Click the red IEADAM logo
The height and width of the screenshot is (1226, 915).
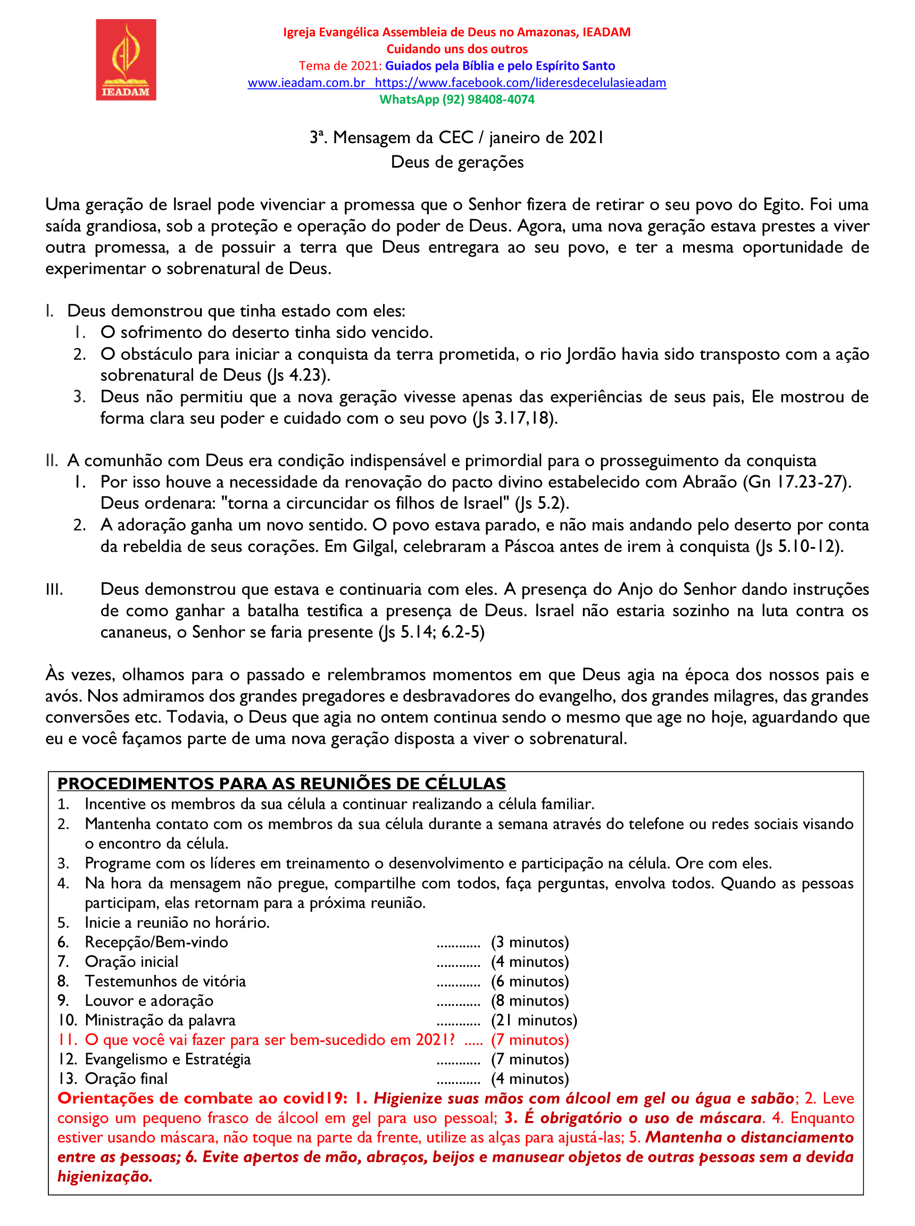click(x=126, y=60)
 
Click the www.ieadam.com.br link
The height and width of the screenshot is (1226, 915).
click(x=306, y=82)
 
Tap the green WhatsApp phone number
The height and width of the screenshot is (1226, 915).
click(x=488, y=100)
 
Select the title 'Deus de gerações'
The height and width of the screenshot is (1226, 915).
click(x=457, y=162)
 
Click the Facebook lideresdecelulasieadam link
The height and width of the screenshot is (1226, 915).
click(x=521, y=82)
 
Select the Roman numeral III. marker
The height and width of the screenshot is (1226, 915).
click(x=54, y=590)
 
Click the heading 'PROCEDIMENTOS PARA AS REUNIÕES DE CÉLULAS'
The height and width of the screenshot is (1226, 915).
click(x=281, y=783)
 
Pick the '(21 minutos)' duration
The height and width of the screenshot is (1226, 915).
click(x=534, y=1020)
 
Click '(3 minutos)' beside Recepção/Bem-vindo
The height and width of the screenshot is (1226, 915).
click(x=529, y=942)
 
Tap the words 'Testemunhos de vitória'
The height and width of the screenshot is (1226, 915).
click(x=165, y=981)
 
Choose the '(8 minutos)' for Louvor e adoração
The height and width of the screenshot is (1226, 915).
click(x=529, y=1000)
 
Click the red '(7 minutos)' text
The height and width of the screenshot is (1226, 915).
click(x=529, y=1040)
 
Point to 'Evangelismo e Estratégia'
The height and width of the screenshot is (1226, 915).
click(x=167, y=1059)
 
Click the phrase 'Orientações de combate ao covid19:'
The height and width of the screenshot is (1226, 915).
click(x=203, y=1099)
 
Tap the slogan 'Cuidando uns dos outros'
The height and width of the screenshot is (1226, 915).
click(x=457, y=49)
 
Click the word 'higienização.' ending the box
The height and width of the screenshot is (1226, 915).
click(x=105, y=1177)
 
